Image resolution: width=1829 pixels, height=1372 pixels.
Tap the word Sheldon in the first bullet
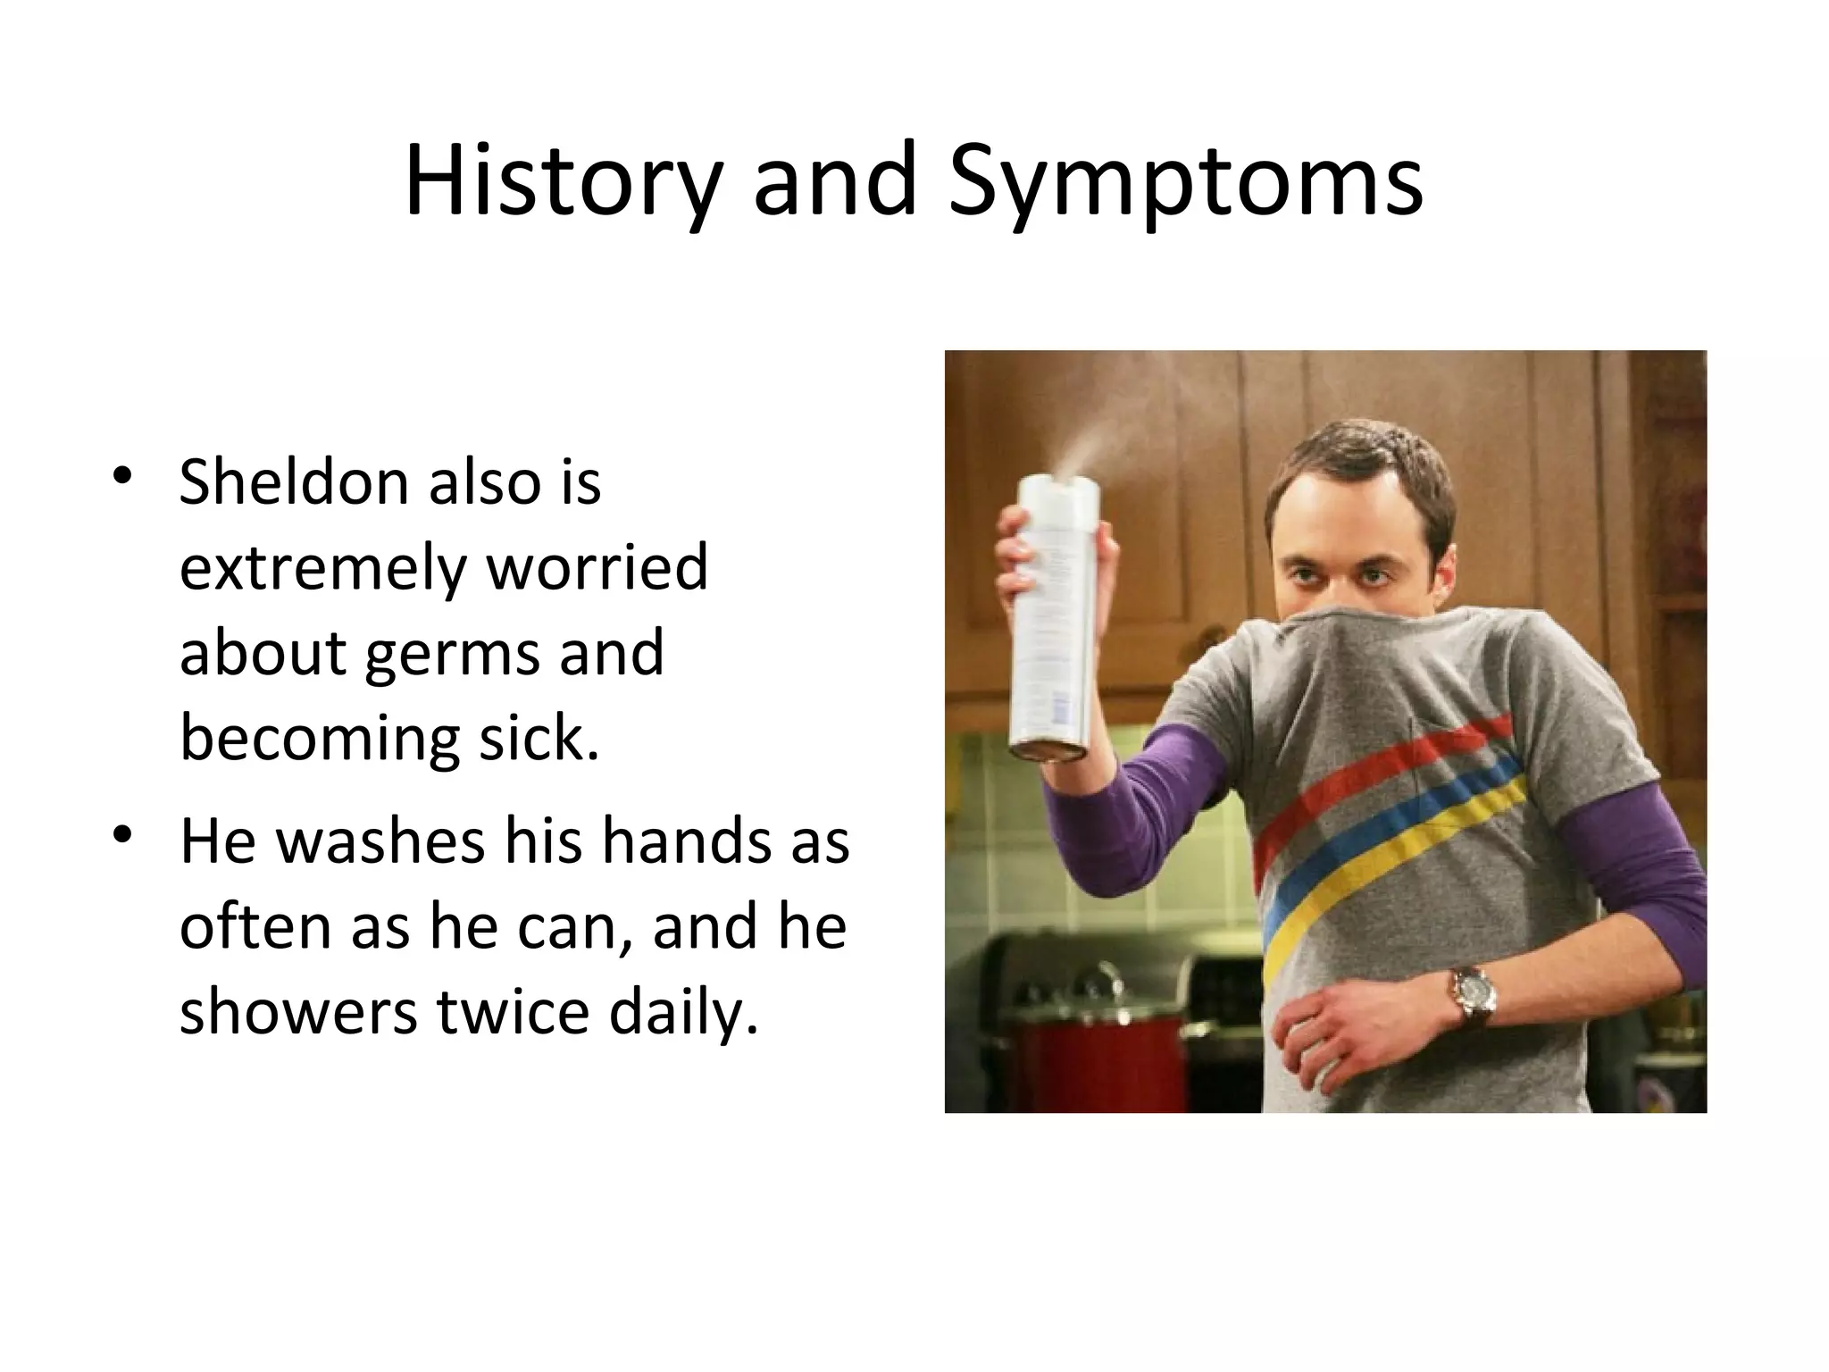click(292, 482)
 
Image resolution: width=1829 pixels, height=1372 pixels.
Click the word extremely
click(322, 568)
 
